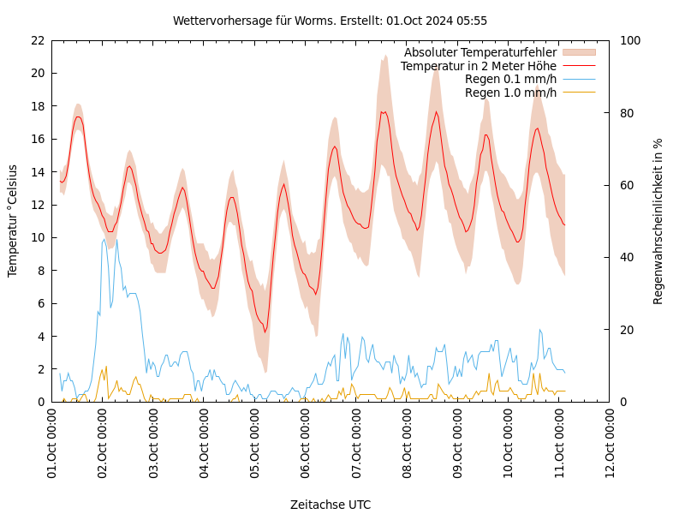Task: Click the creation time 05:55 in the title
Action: click(472, 21)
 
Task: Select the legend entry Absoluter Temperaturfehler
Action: click(479, 53)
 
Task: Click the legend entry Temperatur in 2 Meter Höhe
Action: click(478, 66)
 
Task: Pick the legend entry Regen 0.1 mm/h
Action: click(510, 79)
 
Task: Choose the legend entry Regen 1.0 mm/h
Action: click(510, 93)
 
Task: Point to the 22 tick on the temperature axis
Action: click(37, 40)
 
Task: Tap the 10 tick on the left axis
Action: click(37, 237)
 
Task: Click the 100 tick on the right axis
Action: click(628, 40)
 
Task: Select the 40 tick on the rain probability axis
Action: click(625, 257)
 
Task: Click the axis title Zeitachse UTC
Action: click(331, 505)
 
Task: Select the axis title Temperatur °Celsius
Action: click(13, 220)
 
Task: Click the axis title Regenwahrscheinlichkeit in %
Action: click(658, 221)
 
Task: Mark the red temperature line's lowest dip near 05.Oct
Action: click(265, 332)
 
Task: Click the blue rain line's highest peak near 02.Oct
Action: click(104, 239)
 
